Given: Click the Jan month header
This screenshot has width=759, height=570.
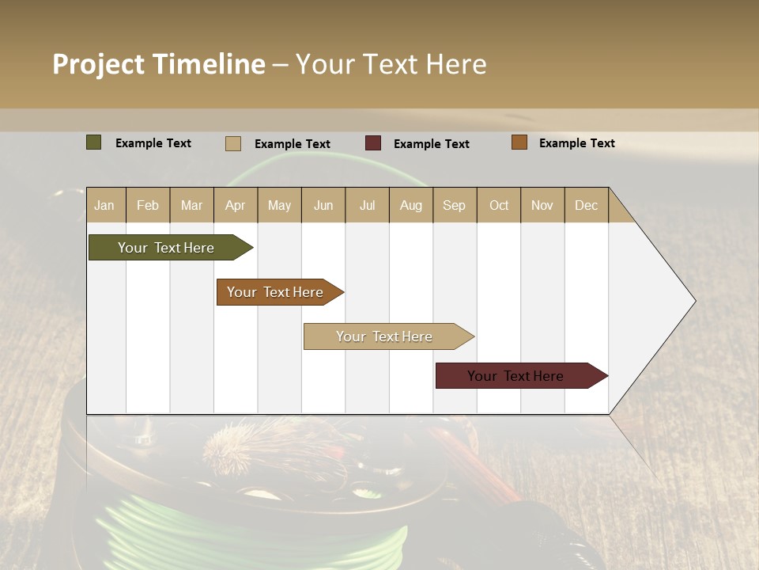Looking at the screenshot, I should click(105, 205).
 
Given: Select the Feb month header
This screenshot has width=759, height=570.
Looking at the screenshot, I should click(148, 205).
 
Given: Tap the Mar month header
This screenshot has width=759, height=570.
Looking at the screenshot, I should click(192, 205).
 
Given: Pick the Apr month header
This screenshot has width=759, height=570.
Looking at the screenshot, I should click(236, 205).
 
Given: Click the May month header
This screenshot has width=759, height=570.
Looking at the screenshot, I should click(279, 205).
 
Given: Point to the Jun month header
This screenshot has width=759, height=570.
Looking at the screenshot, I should click(323, 205).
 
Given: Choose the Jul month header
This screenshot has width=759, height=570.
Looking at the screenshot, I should click(368, 205).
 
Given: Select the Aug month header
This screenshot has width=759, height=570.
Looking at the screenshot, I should click(411, 205).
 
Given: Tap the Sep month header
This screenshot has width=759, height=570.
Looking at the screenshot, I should click(455, 205).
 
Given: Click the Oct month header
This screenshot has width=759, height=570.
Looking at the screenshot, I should click(499, 205).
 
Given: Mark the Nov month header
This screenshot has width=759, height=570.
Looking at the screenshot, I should click(542, 205).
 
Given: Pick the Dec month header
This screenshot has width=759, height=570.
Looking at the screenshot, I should click(587, 205).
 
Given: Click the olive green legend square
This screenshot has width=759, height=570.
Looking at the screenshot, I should click(94, 142).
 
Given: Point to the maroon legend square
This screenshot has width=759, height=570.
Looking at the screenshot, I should click(373, 143).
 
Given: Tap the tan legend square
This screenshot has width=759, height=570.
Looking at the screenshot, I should click(233, 143).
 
